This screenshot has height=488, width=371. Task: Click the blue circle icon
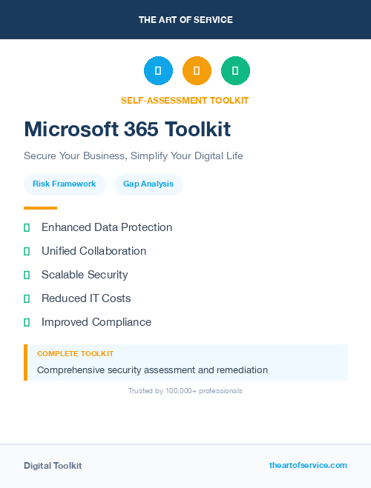(x=158, y=71)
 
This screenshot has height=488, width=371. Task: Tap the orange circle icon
(x=197, y=71)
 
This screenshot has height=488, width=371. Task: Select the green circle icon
(x=235, y=71)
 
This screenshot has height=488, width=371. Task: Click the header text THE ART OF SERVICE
(x=185, y=20)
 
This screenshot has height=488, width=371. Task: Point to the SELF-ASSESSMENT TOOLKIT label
(x=185, y=101)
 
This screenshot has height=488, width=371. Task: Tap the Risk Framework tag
(x=65, y=184)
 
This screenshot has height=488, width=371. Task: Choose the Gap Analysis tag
(x=148, y=184)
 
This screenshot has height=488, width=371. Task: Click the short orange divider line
(x=40, y=208)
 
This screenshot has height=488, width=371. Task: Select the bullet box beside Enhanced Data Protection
(x=27, y=227)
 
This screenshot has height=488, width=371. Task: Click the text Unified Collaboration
(x=93, y=251)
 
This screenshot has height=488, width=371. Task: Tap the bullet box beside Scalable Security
(x=27, y=275)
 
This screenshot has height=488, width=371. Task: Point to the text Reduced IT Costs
(x=86, y=298)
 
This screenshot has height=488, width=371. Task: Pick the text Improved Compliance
(x=96, y=322)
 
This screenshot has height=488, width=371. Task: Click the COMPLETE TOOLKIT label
(x=75, y=354)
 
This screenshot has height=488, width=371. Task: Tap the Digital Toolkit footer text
(x=53, y=466)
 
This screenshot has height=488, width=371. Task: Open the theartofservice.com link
(x=308, y=465)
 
